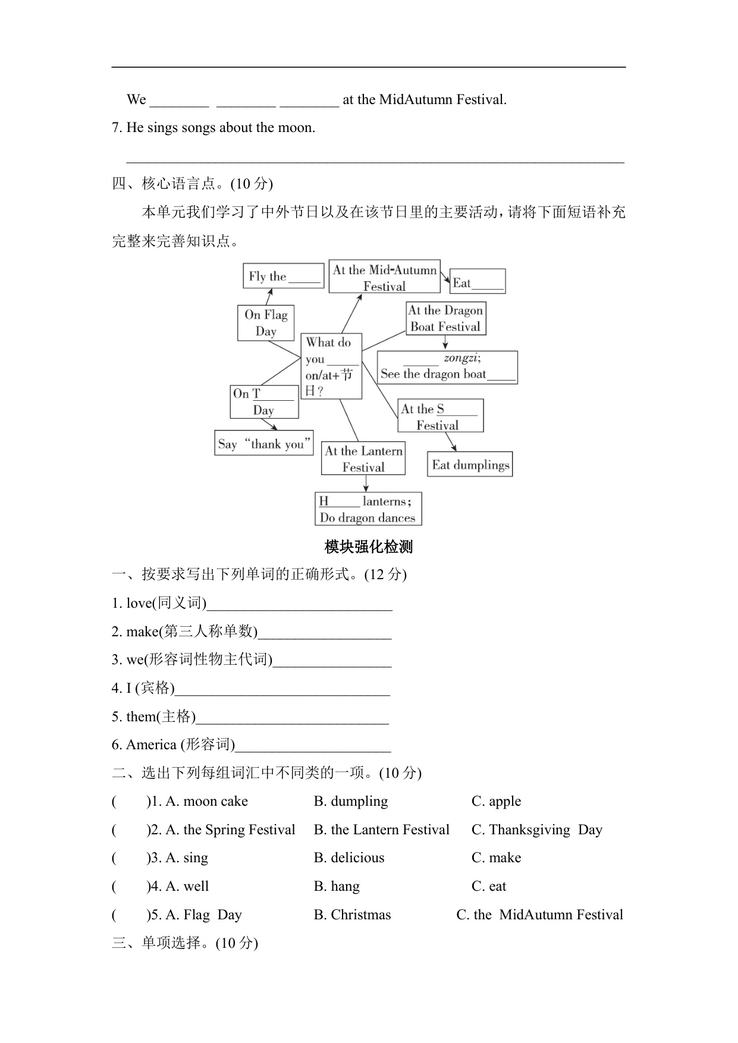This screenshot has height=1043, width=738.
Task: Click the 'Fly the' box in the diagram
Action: (x=283, y=277)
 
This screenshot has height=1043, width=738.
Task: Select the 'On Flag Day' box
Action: (x=266, y=323)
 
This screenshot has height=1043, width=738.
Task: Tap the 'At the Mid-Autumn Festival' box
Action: (x=384, y=277)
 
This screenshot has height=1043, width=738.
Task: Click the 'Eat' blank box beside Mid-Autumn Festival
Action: (x=478, y=282)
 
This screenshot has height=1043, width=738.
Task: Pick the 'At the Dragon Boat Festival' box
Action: (x=445, y=319)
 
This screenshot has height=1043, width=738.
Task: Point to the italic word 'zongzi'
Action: (x=461, y=358)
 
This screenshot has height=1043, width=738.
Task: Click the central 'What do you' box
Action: (x=331, y=366)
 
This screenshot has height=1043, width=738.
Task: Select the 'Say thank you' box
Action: (x=263, y=444)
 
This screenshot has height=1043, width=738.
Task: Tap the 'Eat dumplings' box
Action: (x=470, y=464)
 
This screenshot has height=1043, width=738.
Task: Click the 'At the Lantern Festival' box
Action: (x=363, y=458)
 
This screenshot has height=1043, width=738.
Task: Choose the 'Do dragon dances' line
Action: (x=368, y=518)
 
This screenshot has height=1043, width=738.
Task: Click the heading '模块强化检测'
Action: (x=369, y=546)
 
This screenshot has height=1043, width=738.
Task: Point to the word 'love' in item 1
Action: (x=139, y=604)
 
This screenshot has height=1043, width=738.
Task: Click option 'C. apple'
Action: (x=496, y=802)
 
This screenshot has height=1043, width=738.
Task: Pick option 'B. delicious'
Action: (x=349, y=858)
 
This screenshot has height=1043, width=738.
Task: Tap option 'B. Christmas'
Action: (x=352, y=915)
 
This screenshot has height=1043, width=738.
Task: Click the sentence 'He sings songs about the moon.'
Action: (x=221, y=128)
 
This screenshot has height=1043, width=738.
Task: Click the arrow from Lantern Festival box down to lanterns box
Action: (x=366, y=483)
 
